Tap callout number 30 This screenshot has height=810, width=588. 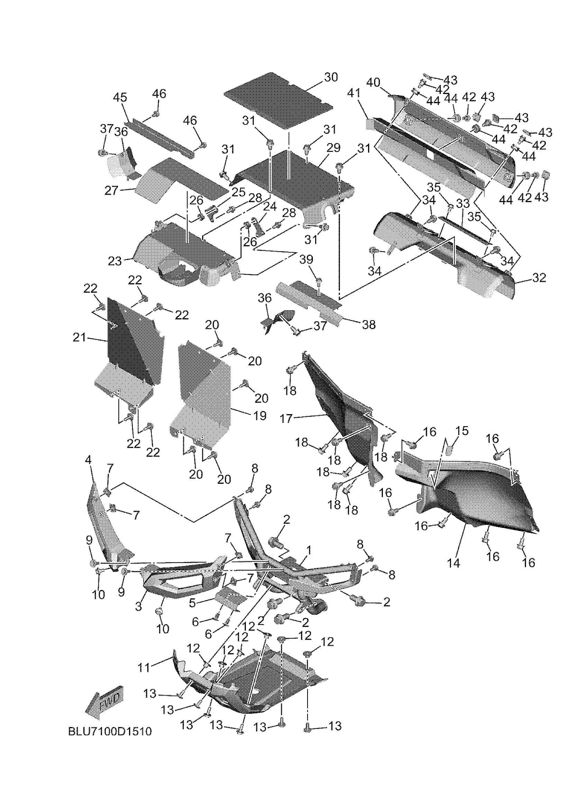[x=331, y=77]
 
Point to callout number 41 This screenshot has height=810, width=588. [x=353, y=94]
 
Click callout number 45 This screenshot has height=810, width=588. [x=120, y=97]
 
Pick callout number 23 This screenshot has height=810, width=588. [x=115, y=261]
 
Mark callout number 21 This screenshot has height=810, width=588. [x=79, y=337]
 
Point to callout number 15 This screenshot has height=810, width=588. [x=462, y=431]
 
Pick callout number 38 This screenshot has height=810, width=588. [x=369, y=324]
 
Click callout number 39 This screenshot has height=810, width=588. [x=306, y=260]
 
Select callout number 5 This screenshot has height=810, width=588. [x=192, y=603]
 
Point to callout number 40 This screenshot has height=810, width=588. [x=373, y=83]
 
